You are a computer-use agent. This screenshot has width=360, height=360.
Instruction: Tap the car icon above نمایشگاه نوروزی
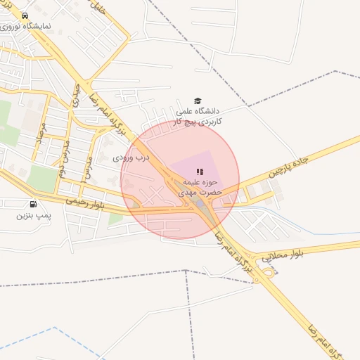(25, 15)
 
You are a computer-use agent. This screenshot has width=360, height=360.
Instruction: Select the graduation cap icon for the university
(198, 101)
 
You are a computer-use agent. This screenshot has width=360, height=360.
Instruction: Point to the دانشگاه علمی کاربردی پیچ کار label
(198, 116)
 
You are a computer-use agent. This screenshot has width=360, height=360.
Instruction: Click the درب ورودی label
(131, 157)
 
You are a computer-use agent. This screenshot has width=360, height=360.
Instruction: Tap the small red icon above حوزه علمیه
(200, 171)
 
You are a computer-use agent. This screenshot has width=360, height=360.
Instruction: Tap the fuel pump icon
(33, 203)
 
